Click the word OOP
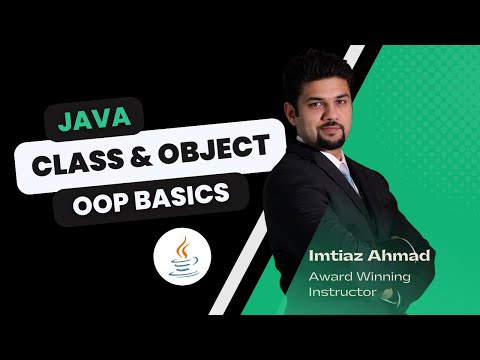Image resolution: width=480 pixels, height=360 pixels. click(103, 201)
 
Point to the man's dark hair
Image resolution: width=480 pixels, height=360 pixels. click(318, 64)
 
